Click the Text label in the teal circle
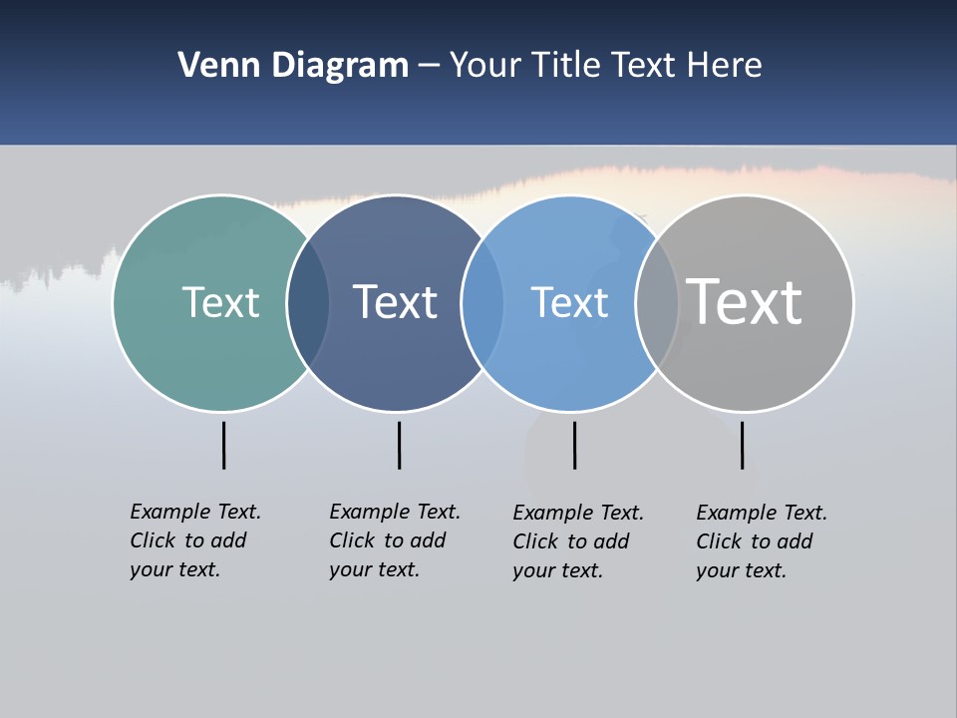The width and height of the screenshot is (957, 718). (220, 302)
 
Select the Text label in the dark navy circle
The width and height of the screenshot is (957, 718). (395, 302)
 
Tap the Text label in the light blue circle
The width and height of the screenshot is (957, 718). (569, 302)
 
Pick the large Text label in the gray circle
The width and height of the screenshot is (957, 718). (745, 302)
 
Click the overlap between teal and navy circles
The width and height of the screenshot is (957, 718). (308, 303)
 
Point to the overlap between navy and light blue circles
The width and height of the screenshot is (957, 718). (482, 303)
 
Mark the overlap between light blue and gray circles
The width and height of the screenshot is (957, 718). (657, 303)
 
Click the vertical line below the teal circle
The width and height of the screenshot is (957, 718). (223, 445)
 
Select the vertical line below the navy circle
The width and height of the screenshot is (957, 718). (399, 445)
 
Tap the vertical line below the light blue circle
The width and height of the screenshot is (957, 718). (574, 445)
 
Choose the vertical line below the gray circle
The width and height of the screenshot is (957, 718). (742, 445)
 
